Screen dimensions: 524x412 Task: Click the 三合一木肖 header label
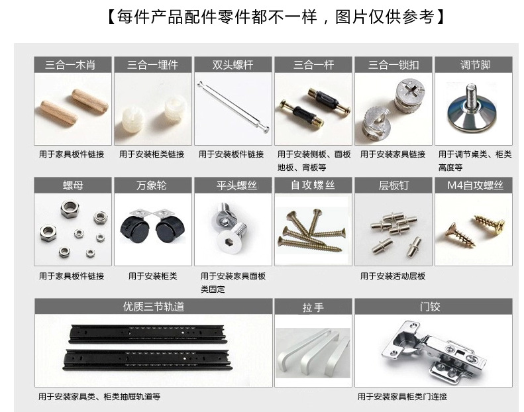click(x=70, y=64)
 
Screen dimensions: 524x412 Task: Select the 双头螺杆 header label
click(x=233, y=64)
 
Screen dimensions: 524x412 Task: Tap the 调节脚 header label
click(x=475, y=64)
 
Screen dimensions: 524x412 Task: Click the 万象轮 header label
click(x=152, y=185)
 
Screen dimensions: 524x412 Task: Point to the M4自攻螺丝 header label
click(x=475, y=185)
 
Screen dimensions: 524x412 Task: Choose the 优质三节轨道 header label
click(x=154, y=307)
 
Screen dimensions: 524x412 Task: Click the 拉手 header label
click(x=313, y=307)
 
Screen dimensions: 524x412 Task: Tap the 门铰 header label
click(x=430, y=307)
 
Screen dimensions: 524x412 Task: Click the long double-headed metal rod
click(x=233, y=107)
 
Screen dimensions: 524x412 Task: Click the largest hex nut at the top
click(x=70, y=209)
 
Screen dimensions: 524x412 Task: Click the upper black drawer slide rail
click(x=147, y=334)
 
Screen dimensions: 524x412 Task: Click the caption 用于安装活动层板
click(x=392, y=276)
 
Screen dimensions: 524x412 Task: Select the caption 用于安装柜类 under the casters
click(x=153, y=276)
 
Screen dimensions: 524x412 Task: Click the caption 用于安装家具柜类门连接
click(x=402, y=397)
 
